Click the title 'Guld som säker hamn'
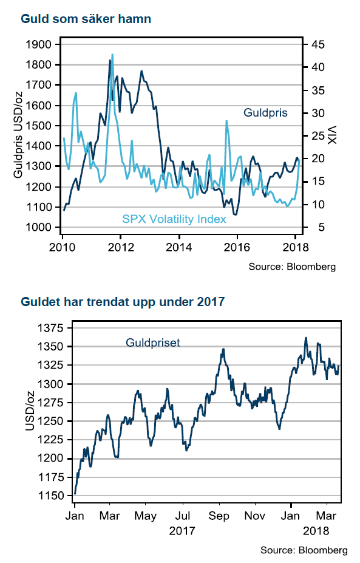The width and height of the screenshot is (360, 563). [86, 19]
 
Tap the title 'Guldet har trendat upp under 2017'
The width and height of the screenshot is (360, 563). [123, 302]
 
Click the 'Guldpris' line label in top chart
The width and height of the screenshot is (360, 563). [266, 113]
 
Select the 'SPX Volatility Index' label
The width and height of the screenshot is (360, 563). [174, 219]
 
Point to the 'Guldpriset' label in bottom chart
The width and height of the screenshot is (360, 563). [153, 343]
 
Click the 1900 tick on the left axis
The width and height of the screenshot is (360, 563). [38, 44]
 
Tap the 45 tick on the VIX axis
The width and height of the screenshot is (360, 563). [318, 44]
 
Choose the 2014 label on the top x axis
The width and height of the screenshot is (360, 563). [178, 247]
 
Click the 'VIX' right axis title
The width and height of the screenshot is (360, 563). [332, 135]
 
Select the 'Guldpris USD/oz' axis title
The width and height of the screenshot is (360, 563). [18, 135]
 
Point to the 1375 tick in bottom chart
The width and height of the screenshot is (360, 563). [50, 328]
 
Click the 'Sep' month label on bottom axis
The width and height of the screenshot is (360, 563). [219, 516]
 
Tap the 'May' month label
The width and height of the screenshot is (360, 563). [145, 516]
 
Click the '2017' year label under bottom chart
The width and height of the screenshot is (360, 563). [182, 531]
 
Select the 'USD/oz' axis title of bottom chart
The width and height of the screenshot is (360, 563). [30, 411]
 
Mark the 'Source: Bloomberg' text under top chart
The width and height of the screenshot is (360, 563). [292, 267]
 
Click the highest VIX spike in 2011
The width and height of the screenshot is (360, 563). [112, 55]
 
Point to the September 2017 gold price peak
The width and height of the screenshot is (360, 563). [223, 349]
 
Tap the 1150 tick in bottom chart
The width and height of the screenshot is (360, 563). [50, 496]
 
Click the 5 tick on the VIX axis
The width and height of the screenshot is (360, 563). [321, 227]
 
